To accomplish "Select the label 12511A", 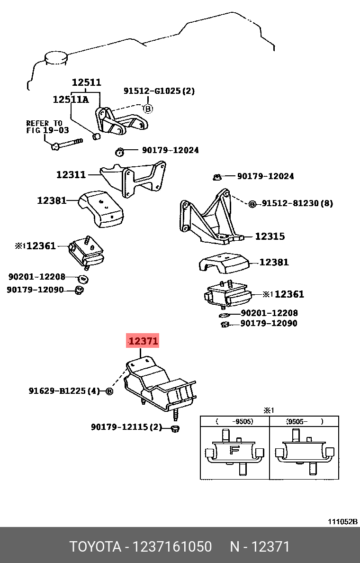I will click(x=71, y=99).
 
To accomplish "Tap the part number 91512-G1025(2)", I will click(x=159, y=91).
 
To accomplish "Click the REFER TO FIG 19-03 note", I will click(x=44, y=127).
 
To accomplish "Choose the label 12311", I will click(x=71, y=175).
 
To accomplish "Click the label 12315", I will click(x=270, y=236).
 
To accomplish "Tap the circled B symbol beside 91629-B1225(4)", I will click(x=109, y=391).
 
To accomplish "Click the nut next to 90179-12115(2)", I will click(x=174, y=428).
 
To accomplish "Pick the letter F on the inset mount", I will click(x=234, y=449).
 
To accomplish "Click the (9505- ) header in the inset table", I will click(x=305, y=421).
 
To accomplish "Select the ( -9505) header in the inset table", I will click(x=234, y=421).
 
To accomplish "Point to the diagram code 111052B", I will click(x=343, y=522).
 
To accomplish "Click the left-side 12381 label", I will click(x=52, y=200).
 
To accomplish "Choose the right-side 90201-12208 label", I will click(x=269, y=313).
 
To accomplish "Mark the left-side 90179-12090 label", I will click(x=35, y=289).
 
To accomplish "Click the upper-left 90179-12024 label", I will click(x=171, y=150).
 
